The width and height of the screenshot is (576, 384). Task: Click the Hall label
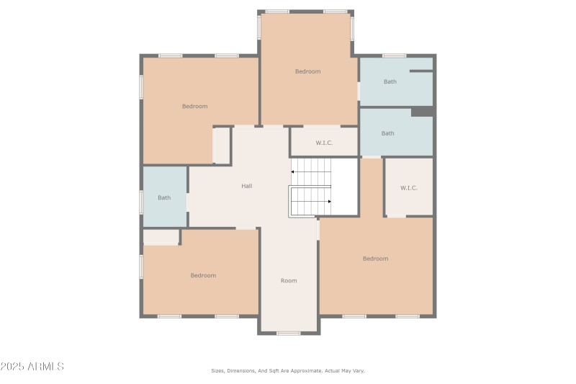point(246,186)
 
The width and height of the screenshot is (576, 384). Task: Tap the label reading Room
point(289,280)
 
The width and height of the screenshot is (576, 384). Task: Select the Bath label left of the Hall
point(164,197)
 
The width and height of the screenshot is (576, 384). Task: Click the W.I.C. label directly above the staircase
point(324,143)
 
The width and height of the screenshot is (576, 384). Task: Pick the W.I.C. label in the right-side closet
point(409,188)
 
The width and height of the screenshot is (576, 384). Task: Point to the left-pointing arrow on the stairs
point(294,171)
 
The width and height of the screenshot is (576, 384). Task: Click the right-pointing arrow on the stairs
point(328,202)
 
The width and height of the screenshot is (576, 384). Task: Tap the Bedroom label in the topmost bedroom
point(307,71)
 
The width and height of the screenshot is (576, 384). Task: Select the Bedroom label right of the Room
point(375,259)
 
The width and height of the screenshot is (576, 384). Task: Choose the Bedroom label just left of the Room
point(203,275)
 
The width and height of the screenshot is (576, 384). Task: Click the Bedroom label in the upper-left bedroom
point(194,106)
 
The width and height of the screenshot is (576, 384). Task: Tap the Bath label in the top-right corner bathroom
point(390,81)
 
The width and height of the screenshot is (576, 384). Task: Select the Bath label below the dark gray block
point(387,133)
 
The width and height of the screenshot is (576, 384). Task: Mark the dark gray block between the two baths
point(421,112)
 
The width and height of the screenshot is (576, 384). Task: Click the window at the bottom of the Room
point(289,333)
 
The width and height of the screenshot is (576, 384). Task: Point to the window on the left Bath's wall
point(141,202)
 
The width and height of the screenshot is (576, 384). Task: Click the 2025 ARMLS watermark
point(32,367)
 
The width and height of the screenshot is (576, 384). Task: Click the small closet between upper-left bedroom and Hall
point(222,145)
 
